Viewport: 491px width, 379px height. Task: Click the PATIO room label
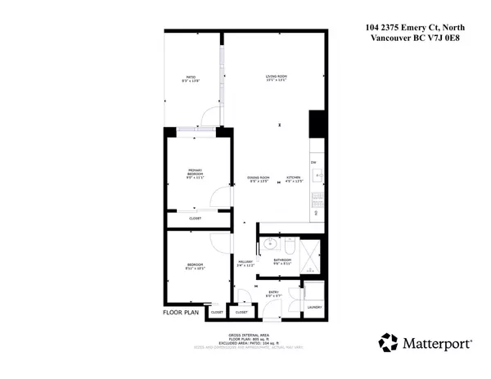pyautogui.click(x=191, y=79)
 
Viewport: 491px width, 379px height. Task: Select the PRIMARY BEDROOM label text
pyautogui.click(x=195, y=173)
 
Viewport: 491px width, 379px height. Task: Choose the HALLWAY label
pyautogui.click(x=245, y=264)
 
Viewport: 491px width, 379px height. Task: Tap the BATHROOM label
pyautogui.click(x=282, y=262)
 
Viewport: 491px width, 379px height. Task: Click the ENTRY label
pyautogui.click(x=273, y=292)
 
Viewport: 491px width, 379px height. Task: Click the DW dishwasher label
pyautogui.click(x=313, y=164)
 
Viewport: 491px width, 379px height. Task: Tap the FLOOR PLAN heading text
pyautogui.click(x=181, y=312)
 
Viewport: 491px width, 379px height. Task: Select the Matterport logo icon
pyautogui.click(x=387, y=342)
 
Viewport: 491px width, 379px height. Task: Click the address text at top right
pyautogui.click(x=417, y=34)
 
